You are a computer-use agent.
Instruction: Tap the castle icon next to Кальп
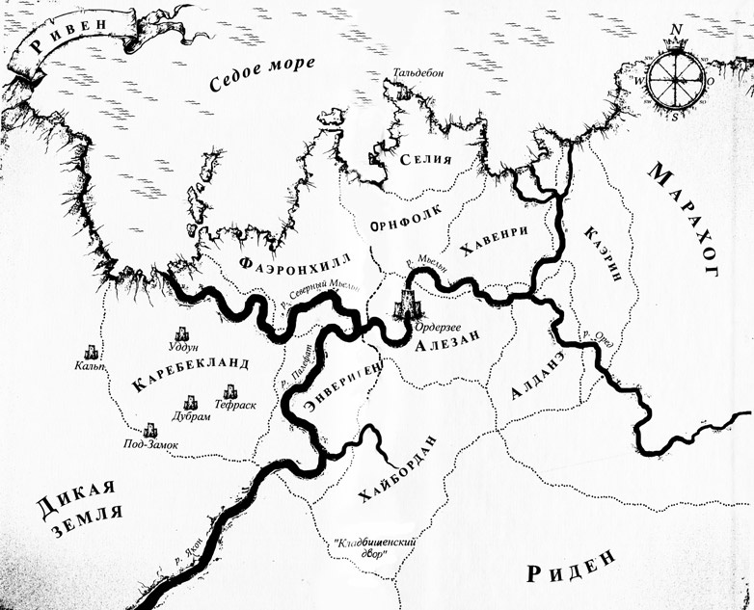coord(92,352)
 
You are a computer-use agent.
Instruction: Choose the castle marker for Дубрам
coord(191,405)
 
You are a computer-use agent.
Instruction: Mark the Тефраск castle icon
coord(230,392)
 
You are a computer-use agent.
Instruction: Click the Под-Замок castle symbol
coord(149,432)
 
